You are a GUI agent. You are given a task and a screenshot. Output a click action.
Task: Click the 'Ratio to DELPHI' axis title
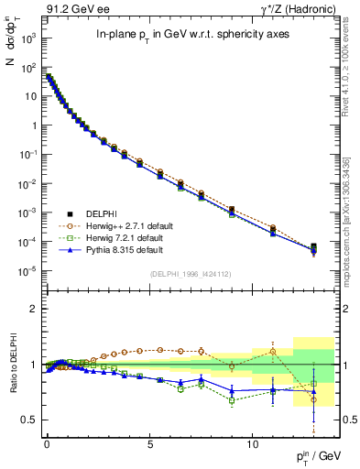[x=12, y=364]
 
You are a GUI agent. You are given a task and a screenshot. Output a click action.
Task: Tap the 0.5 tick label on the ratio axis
[x=29, y=420]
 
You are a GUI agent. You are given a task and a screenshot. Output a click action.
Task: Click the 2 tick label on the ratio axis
[x=34, y=309]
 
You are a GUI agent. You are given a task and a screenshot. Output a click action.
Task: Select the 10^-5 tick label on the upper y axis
[x=29, y=270]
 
